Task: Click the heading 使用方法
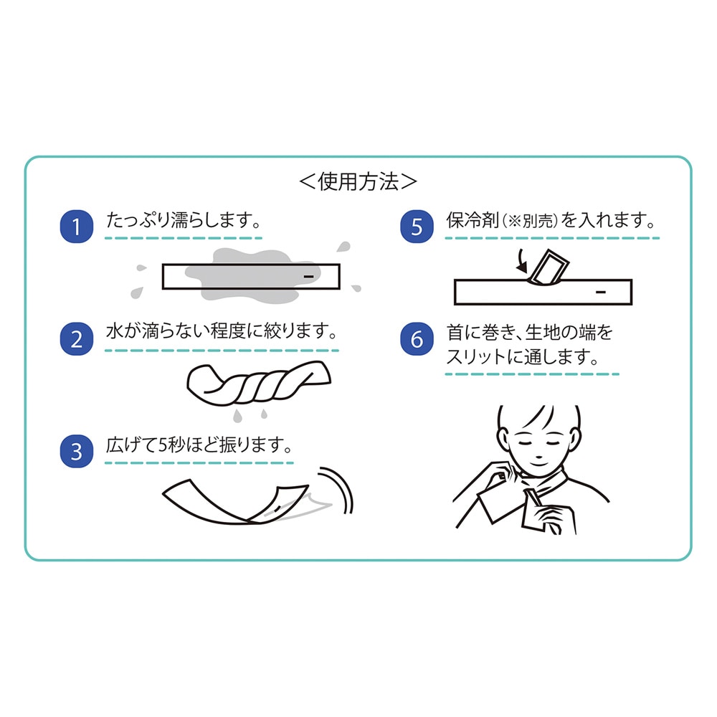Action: (x=358, y=181)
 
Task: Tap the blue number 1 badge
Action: (x=77, y=227)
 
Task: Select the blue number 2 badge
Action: (x=77, y=339)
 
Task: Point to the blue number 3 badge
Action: (x=77, y=451)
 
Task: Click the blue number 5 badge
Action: (x=417, y=227)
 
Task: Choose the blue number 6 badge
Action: (x=417, y=339)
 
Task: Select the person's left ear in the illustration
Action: (x=502, y=440)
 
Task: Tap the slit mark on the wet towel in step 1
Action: (x=309, y=277)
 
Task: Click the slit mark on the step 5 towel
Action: (x=601, y=292)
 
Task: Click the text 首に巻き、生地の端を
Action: (x=530, y=333)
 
